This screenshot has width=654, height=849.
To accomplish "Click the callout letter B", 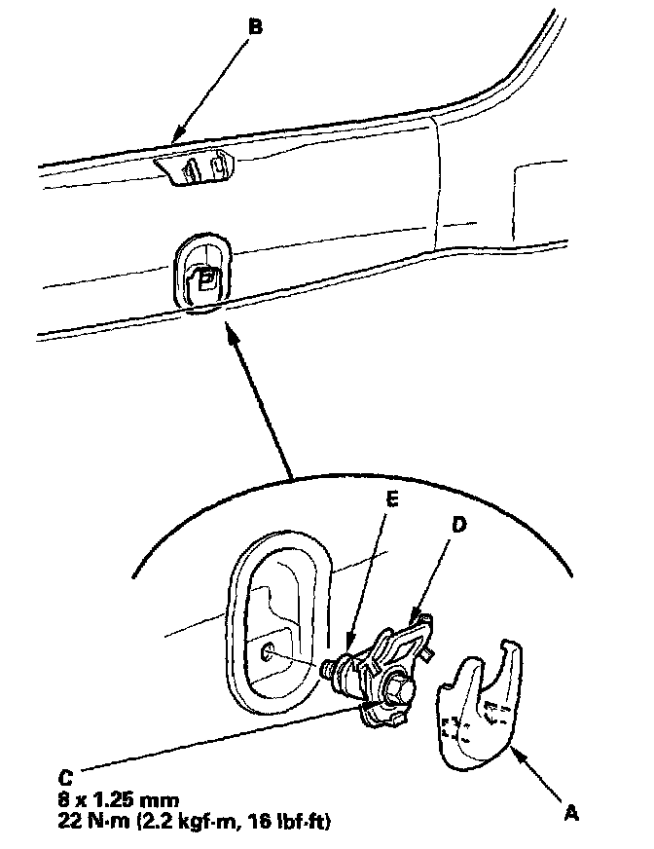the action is (x=255, y=27).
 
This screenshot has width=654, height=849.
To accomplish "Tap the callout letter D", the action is (x=459, y=525).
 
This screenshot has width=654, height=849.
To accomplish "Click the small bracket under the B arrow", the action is (x=199, y=169).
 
